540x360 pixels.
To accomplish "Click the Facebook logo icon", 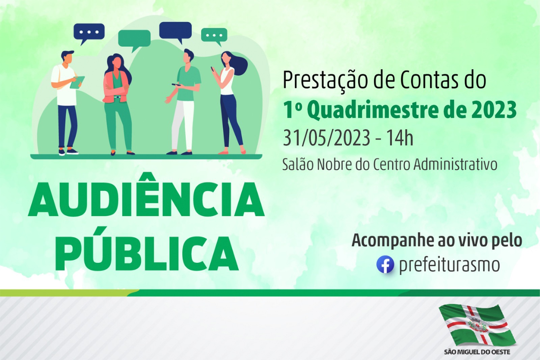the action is click(x=385, y=264).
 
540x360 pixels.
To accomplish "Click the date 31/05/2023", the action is click(x=326, y=138).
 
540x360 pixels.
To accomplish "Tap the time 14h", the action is click(x=400, y=138).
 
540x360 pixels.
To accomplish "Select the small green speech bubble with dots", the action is click(x=214, y=36).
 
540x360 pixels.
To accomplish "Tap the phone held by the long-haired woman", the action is click(x=213, y=69).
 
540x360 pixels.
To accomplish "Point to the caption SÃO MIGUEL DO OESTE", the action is click(x=477, y=352).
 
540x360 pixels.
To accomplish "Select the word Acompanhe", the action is click(x=392, y=241).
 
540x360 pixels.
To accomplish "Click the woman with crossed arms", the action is click(x=118, y=104).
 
